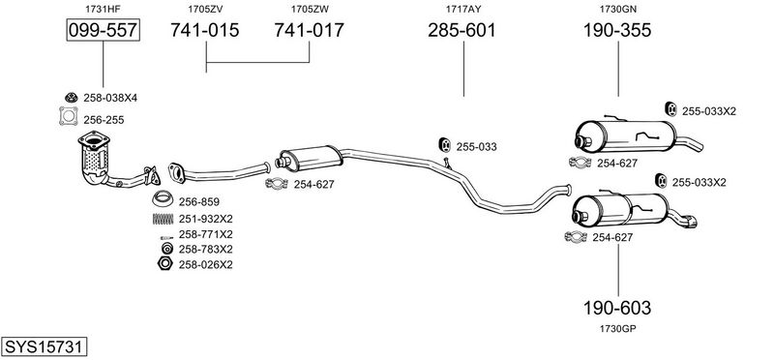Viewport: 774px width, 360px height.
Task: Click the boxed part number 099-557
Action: click(x=104, y=31)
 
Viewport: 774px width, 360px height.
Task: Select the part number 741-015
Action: click(x=205, y=31)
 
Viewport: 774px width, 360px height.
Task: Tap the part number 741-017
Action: click(x=309, y=31)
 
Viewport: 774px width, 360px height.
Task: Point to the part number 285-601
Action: click(x=461, y=31)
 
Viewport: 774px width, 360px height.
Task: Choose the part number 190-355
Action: click(x=617, y=31)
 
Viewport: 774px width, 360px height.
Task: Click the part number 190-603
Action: click(x=617, y=308)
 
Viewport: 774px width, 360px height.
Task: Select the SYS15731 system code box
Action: click(x=44, y=346)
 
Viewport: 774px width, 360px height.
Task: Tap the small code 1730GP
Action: click(x=617, y=328)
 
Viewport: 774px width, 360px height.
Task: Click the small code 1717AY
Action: click(x=463, y=9)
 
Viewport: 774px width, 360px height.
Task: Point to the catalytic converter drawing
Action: click(x=95, y=157)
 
